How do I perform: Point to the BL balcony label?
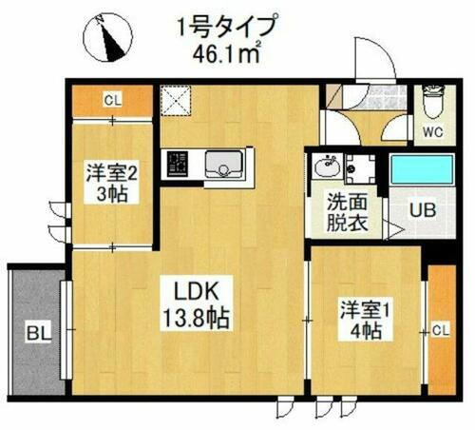(36, 333)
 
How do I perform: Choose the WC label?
(432, 130)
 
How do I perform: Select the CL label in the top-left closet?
(112, 99)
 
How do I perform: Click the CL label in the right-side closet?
(440, 330)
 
